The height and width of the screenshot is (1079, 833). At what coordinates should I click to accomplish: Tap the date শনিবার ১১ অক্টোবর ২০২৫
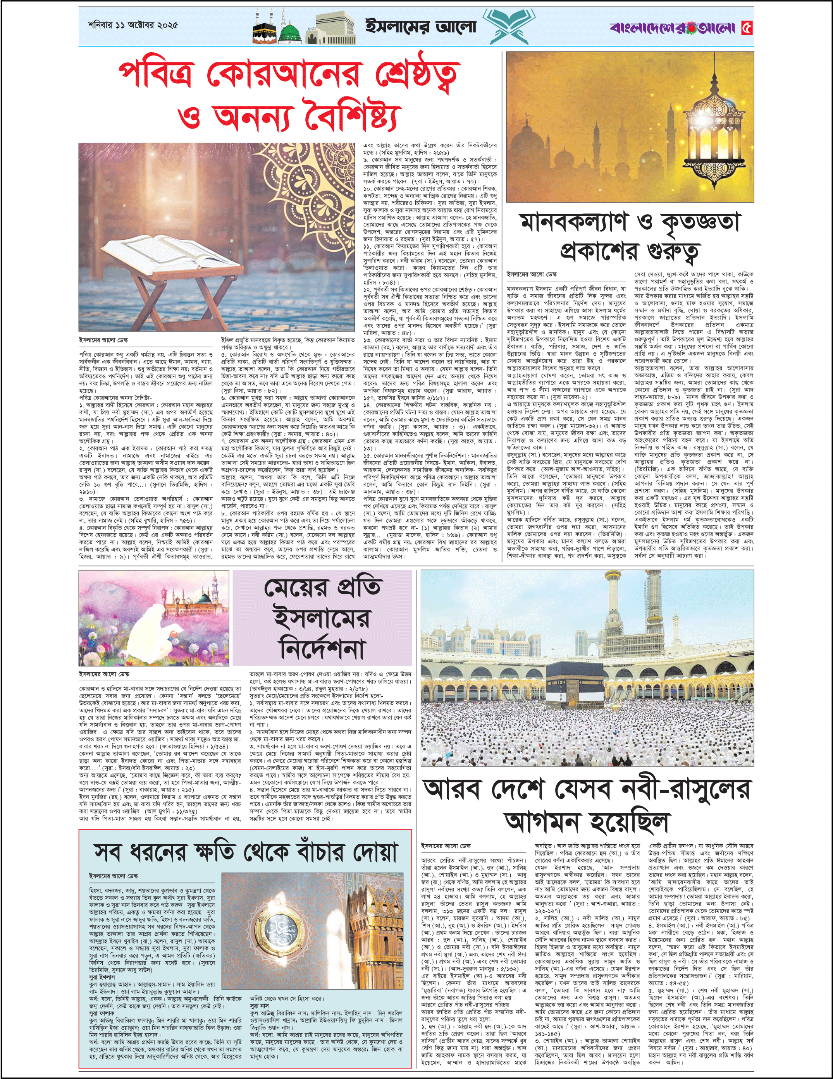pos(133,25)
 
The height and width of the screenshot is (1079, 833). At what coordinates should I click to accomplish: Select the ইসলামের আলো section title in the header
pos(420,26)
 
